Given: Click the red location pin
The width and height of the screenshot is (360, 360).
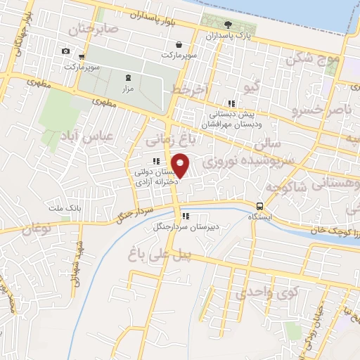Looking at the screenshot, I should point(181,165).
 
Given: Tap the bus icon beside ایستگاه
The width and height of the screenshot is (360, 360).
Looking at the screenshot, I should point(260,207).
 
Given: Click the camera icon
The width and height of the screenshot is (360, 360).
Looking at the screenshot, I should point(65,51).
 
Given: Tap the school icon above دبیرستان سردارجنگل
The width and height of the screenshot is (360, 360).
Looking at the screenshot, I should point(186,216).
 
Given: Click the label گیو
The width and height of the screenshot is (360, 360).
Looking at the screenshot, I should point(251,86).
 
